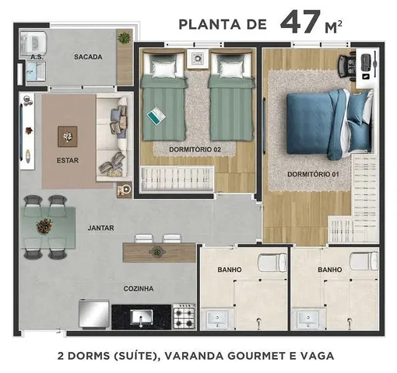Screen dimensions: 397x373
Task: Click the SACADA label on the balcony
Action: (x=88, y=57)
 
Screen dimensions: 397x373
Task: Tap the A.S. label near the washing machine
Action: (x=37, y=57)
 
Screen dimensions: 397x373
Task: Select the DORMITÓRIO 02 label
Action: (x=195, y=149)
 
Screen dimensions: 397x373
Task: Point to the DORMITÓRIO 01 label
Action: (x=313, y=174)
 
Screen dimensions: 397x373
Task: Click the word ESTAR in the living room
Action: (x=68, y=160)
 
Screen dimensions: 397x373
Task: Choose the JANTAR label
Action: (x=100, y=228)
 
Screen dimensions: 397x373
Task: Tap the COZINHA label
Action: (x=139, y=288)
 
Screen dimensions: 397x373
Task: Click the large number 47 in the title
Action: (x=300, y=23)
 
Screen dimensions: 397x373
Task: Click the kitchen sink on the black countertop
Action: (x=141, y=317)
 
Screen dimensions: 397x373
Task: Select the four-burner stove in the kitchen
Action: (x=184, y=316)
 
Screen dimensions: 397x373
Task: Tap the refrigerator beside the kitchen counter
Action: (x=94, y=314)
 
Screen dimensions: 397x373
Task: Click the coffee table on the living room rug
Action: (x=68, y=136)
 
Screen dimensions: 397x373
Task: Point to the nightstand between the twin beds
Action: (x=198, y=58)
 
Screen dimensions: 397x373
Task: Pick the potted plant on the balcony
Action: (x=124, y=38)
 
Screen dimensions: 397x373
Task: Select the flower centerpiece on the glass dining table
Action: (x=44, y=226)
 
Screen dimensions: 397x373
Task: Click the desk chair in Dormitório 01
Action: (x=346, y=67)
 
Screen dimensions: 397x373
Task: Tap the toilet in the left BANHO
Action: (x=272, y=263)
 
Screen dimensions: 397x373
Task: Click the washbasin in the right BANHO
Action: (x=307, y=319)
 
